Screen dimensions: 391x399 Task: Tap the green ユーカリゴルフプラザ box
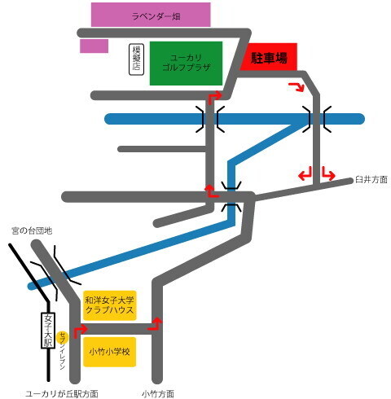coord(186,64)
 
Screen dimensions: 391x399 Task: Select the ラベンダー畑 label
coord(156,16)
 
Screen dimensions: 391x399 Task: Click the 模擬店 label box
coord(136,59)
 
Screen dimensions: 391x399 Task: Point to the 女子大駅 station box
coord(48,331)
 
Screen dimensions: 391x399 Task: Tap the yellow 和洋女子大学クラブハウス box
coord(109,305)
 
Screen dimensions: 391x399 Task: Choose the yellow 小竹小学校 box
coord(109,352)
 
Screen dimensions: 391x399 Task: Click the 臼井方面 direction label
coord(371,180)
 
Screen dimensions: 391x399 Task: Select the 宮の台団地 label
coord(32,231)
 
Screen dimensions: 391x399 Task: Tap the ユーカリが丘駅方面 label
coord(62,394)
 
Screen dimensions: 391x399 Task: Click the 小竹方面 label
coord(158,394)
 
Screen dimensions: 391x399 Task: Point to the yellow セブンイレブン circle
coord(63,337)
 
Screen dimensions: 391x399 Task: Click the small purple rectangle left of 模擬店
coord(94,46)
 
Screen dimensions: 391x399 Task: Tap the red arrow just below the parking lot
coord(297,86)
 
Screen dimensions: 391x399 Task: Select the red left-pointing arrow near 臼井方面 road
coord(305,174)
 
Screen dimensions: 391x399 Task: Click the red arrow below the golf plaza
coord(214,97)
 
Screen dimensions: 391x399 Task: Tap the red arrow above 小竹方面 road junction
coord(156,325)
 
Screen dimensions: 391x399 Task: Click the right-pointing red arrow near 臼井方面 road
coord(328,174)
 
